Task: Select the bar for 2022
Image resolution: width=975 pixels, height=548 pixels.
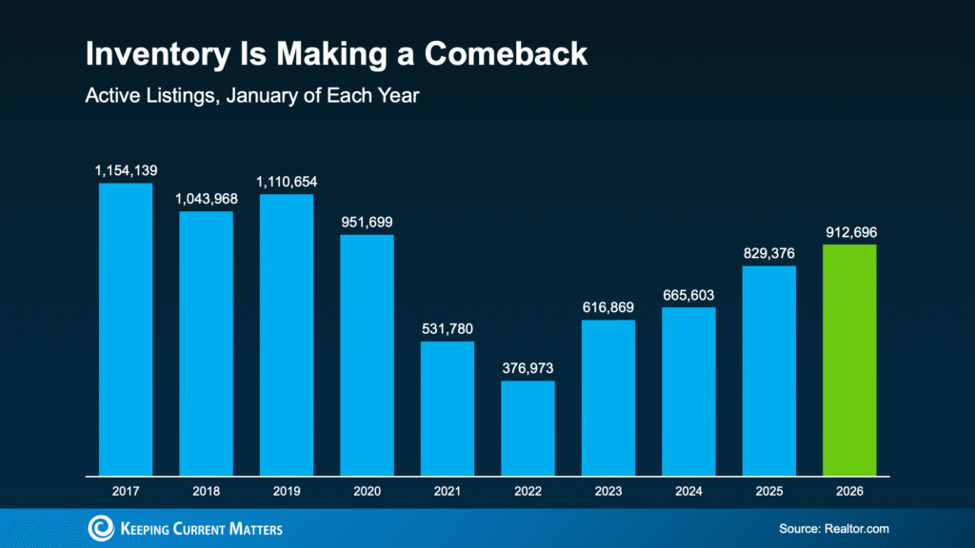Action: (527, 427)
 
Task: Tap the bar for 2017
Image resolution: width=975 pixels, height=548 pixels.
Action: (126, 328)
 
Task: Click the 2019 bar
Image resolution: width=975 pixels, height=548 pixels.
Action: (287, 334)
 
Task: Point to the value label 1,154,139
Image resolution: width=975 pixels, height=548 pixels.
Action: (126, 171)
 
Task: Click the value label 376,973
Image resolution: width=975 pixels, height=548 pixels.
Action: (527, 368)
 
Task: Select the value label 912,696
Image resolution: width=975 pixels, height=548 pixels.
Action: (849, 231)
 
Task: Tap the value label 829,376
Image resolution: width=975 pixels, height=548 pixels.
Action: (768, 253)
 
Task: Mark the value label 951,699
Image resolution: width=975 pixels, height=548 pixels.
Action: (367, 222)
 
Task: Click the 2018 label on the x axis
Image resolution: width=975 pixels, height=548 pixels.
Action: (206, 492)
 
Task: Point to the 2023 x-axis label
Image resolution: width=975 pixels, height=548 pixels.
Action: (608, 492)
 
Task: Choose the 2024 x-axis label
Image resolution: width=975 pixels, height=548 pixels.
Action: (688, 492)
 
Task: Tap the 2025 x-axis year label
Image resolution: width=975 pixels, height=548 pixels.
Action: (768, 492)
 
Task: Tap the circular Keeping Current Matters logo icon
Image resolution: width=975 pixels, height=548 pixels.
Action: (101, 528)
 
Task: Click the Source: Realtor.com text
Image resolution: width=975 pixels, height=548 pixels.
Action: (832, 528)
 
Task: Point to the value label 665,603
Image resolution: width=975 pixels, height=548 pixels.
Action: (688, 295)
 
